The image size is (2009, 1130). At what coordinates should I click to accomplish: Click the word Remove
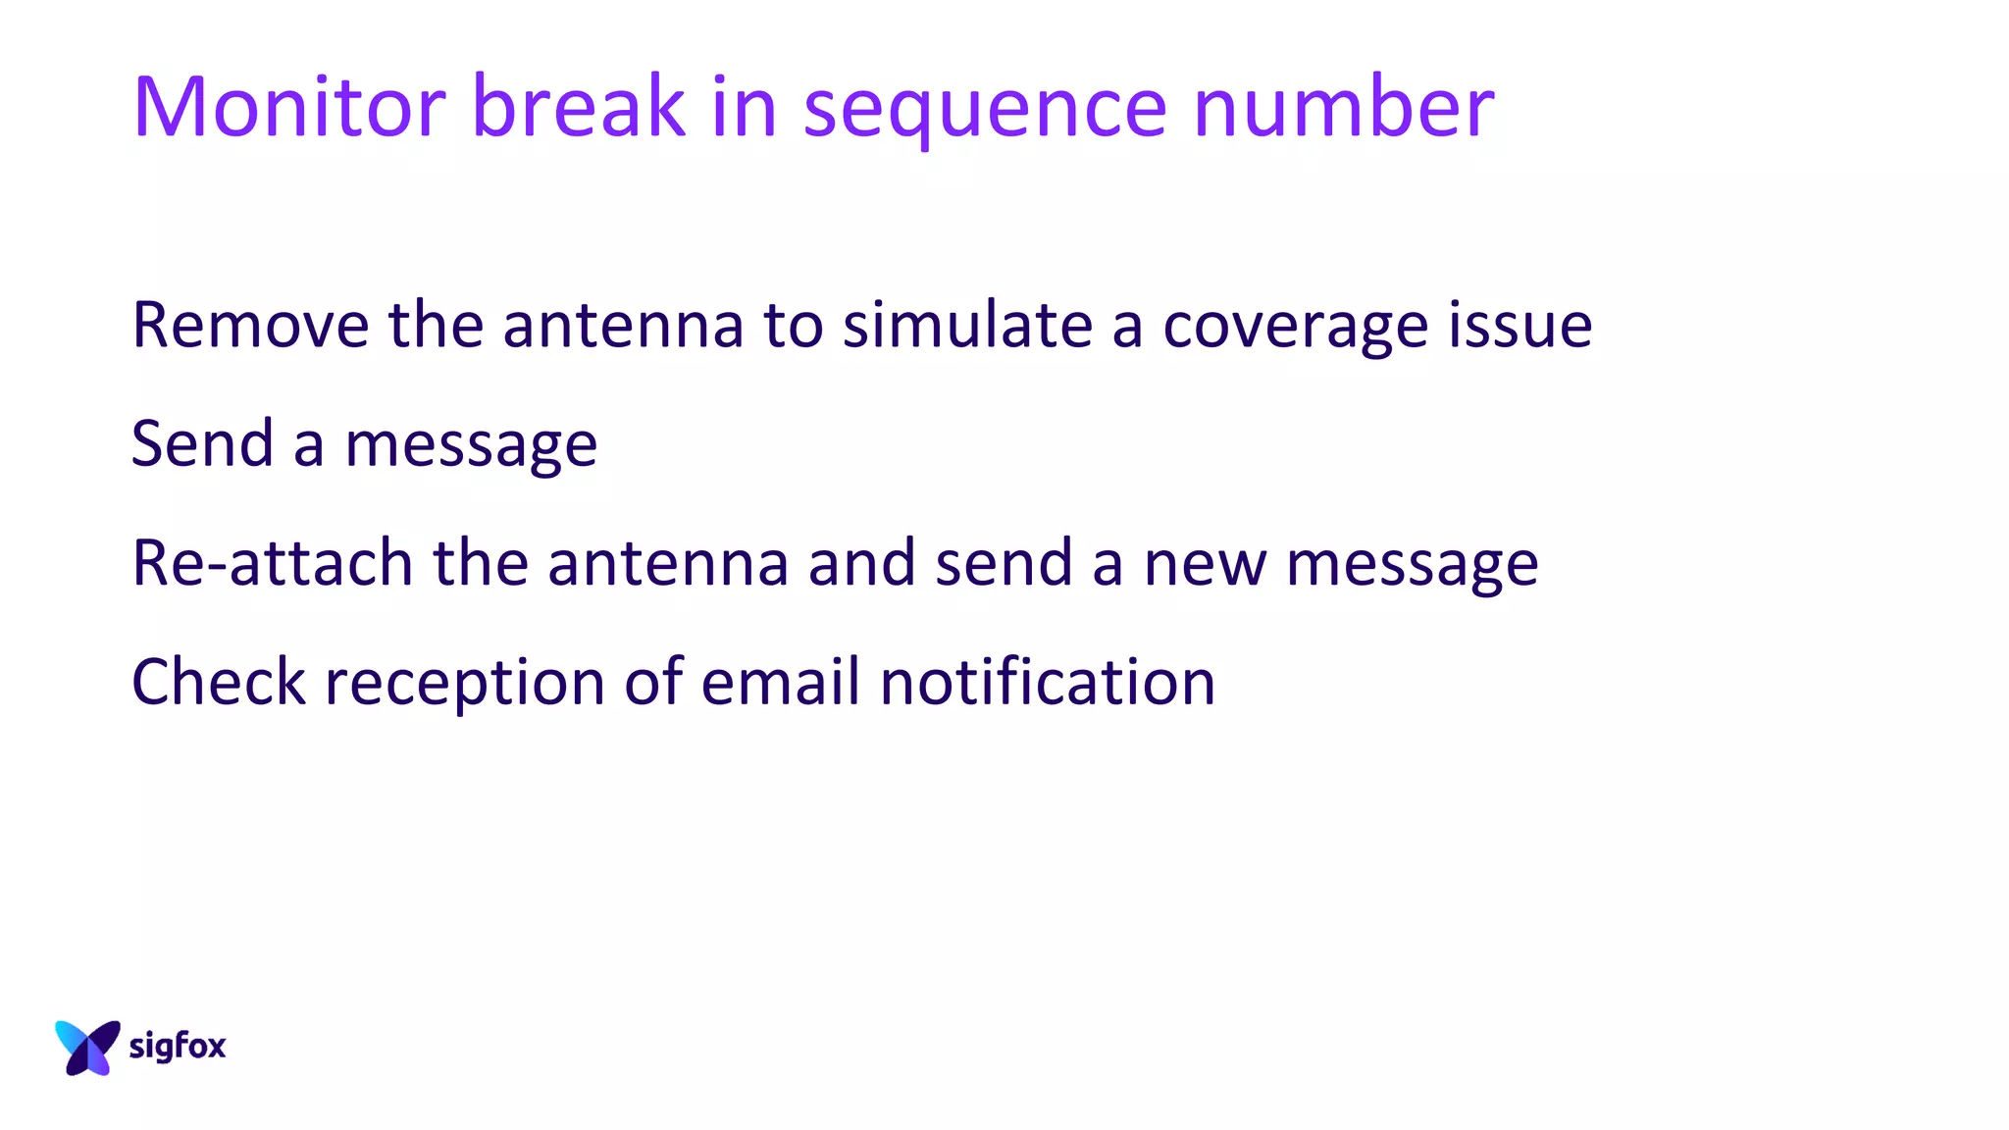point(250,325)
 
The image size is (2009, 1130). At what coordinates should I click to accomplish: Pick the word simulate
point(967,325)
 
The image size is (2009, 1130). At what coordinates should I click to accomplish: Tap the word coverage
point(1295,329)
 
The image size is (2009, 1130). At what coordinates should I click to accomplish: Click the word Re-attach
point(272,564)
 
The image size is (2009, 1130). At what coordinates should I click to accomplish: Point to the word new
point(1205,566)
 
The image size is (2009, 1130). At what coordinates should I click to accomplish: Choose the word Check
point(219,682)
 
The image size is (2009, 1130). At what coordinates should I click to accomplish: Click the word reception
point(464,686)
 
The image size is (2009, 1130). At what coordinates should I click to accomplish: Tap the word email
point(781,682)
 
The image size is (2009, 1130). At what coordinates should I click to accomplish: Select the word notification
point(1048,682)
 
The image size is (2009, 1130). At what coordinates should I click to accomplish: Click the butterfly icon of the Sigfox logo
point(87,1047)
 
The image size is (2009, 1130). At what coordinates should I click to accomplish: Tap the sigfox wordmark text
point(178,1047)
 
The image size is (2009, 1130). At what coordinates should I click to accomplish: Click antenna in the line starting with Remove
point(623,327)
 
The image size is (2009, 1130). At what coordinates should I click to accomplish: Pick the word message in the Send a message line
point(471,446)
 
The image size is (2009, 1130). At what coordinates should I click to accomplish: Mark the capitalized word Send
point(202,444)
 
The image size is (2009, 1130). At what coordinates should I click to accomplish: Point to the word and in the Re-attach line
point(861,564)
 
